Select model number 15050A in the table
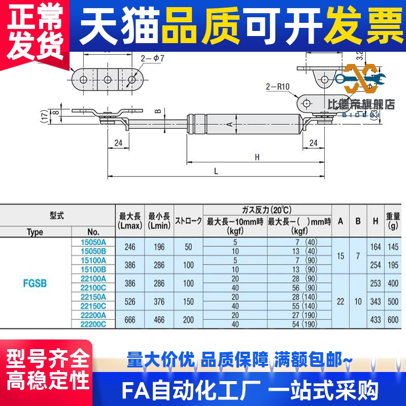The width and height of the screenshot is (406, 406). [93, 242]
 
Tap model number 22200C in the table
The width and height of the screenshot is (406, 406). [93, 324]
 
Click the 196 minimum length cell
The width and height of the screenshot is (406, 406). [159, 246]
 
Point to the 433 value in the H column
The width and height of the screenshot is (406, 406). [375, 319]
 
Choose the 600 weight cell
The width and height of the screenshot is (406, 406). [393, 319]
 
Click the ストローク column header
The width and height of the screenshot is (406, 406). [188, 221]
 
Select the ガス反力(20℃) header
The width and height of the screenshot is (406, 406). [267, 210]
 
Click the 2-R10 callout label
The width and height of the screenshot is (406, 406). [277, 86]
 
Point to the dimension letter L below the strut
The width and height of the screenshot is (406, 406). [216, 171]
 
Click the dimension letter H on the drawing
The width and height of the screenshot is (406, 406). [257, 157]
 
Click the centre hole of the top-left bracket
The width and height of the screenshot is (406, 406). [108, 79]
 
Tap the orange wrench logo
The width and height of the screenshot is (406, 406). [364, 79]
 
